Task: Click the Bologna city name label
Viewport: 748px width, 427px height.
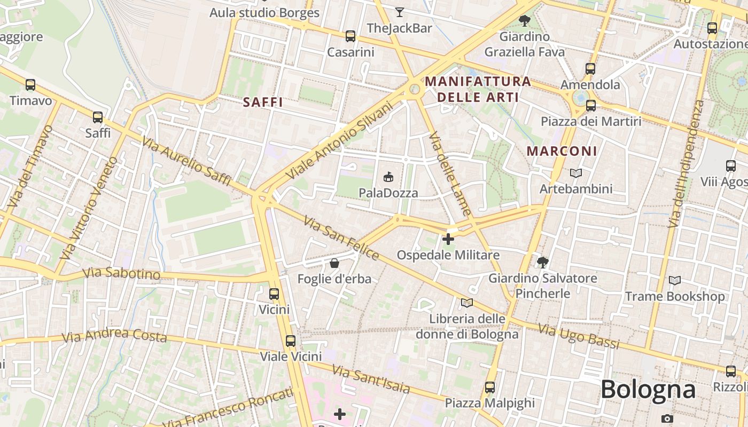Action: click(x=648, y=390)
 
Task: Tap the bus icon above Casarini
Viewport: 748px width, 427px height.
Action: click(x=350, y=36)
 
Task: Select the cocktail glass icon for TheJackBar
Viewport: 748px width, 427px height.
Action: click(x=399, y=12)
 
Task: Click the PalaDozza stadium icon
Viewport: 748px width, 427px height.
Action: click(x=388, y=177)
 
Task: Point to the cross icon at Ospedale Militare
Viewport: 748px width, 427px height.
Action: click(x=448, y=239)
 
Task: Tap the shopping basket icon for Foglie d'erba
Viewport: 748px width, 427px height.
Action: click(x=334, y=263)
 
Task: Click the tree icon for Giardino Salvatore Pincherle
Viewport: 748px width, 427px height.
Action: click(x=543, y=262)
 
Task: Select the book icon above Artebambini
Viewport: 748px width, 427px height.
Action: click(x=575, y=173)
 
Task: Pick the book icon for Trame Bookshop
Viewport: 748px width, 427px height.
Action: click(x=675, y=280)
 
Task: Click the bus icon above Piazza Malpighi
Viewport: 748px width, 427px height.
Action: click(x=490, y=387)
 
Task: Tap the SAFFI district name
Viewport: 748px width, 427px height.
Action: click(x=263, y=102)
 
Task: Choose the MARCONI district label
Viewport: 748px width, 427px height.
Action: click(x=562, y=151)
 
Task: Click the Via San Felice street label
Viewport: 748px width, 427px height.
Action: click(x=341, y=238)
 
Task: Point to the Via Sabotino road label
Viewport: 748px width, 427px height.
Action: click(x=121, y=274)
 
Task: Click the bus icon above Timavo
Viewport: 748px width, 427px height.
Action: click(x=30, y=85)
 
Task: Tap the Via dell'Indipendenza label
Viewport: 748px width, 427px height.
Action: click(x=685, y=164)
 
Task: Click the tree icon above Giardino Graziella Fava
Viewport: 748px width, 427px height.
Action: click(x=524, y=21)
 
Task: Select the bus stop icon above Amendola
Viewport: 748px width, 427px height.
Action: click(x=590, y=69)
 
